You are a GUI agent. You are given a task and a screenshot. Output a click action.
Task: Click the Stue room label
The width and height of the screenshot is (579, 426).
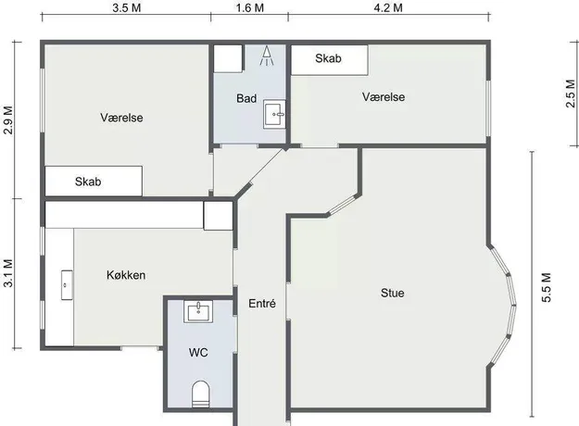(x=392, y=293)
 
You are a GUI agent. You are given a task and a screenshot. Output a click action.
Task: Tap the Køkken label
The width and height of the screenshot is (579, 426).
(x=126, y=275)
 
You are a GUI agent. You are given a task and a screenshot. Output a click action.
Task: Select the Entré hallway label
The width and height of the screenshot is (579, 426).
(x=262, y=304)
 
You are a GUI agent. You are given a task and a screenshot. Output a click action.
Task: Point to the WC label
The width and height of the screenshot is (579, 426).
(x=198, y=353)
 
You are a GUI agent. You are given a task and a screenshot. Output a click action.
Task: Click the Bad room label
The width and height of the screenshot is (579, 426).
(x=246, y=98)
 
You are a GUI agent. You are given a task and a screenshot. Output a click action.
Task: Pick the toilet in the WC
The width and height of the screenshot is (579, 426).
(x=200, y=394)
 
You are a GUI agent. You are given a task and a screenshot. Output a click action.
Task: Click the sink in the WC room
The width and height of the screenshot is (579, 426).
(x=198, y=311)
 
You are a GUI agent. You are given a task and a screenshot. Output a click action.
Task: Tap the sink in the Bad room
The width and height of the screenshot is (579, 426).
(x=274, y=115)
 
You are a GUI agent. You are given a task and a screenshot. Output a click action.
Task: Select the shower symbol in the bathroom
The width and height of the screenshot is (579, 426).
(x=266, y=56)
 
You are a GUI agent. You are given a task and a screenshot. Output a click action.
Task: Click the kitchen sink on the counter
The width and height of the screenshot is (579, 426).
(x=67, y=285)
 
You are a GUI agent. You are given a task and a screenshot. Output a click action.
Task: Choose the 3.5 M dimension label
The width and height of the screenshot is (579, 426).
(x=127, y=7)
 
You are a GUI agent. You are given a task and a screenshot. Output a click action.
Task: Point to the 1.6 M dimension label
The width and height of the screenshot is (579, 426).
(x=250, y=7)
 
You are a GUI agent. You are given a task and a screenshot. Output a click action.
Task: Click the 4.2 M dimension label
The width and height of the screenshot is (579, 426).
(x=388, y=7)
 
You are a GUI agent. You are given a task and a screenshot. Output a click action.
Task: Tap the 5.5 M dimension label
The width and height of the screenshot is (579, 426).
(x=547, y=288)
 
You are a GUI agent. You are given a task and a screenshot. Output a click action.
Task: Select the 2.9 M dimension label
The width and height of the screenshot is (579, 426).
(x=8, y=120)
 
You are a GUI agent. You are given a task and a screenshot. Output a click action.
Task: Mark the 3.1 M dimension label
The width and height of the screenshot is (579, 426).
(x=8, y=273)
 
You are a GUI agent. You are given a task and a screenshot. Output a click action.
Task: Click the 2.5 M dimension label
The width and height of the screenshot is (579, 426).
(x=571, y=94)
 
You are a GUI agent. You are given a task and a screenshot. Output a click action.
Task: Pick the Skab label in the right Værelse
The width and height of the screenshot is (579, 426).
(x=328, y=58)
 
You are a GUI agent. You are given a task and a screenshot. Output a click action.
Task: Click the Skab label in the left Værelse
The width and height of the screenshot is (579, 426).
(x=88, y=182)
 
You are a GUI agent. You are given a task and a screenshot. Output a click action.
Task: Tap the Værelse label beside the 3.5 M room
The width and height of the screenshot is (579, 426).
(x=121, y=118)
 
